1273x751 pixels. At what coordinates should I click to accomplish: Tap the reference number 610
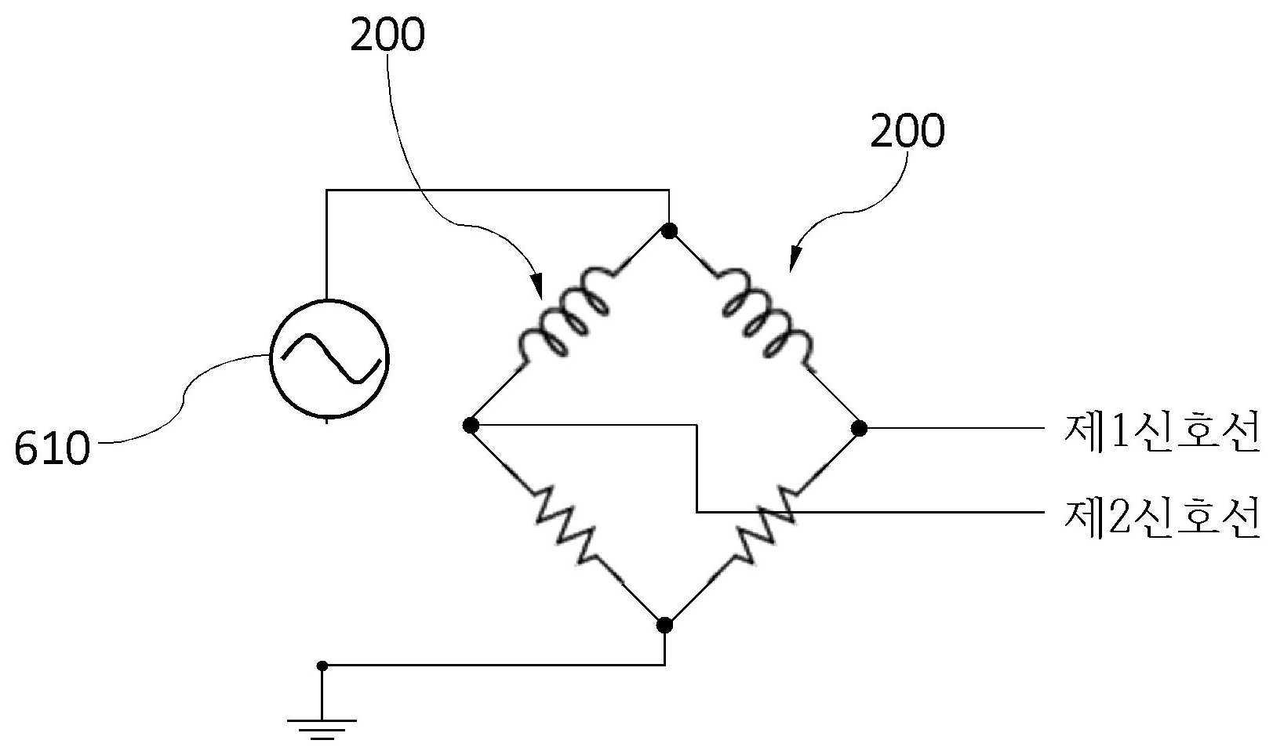pos(53,448)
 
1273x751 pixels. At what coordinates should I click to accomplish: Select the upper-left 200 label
pos(387,34)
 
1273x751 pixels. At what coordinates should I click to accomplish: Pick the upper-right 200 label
pos(907,131)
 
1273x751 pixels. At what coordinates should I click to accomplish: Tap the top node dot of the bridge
pos(670,230)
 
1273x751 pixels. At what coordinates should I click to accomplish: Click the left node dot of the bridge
pos(471,425)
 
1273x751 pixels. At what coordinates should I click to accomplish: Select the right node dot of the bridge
pos(860,428)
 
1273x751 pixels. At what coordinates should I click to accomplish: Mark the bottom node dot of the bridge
pos(664,625)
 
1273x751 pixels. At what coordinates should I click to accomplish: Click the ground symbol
pos(322,728)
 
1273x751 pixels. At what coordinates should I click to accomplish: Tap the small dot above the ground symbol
pos(322,666)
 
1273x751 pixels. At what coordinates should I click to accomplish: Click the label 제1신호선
pos(1162,434)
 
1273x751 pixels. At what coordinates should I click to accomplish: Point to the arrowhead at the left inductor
pos(537,287)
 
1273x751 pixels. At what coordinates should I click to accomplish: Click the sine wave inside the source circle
pos(330,358)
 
